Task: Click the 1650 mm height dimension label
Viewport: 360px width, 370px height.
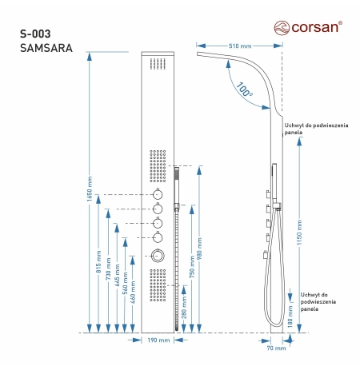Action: (x=90, y=189)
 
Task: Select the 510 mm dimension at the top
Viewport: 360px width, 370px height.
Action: (x=240, y=46)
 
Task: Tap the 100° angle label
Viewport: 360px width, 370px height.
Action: (x=244, y=90)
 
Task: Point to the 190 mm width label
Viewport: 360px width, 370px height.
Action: (x=158, y=340)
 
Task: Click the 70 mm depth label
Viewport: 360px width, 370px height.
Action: (x=276, y=348)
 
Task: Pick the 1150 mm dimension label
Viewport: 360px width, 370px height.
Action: (x=299, y=233)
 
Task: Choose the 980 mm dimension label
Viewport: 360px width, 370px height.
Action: (x=199, y=249)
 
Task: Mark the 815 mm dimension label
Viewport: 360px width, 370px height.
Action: (x=98, y=261)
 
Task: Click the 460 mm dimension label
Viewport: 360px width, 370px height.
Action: (x=133, y=292)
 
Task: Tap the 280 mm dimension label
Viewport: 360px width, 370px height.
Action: (x=184, y=308)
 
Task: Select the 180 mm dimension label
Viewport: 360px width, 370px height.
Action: (x=290, y=316)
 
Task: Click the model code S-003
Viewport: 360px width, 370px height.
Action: (x=35, y=34)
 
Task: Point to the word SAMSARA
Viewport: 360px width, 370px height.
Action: (x=46, y=48)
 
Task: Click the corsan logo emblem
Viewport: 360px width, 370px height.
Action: (x=282, y=28)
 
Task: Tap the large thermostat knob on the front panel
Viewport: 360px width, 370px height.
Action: (x=158, y=256)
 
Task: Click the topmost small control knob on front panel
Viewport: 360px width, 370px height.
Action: (x=158, y=194)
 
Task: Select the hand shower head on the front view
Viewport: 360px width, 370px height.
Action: (x=177, y=185)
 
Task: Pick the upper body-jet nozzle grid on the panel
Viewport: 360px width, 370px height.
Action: (x=158, y=166)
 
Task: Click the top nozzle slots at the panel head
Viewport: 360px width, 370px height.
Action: (x=158, y=64)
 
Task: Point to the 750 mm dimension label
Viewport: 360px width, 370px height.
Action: (x=192, y=267)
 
